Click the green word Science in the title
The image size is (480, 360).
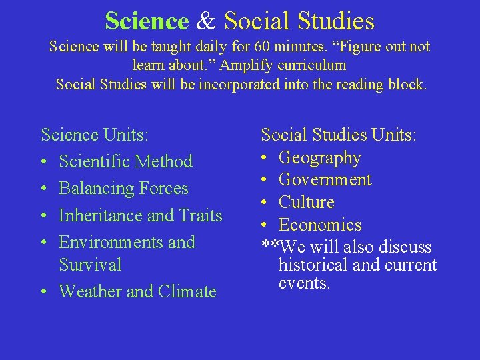[x=147, y=21]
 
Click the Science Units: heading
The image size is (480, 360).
[x=94, y=135]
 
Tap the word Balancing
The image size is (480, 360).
[x=95, y=189]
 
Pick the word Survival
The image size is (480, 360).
[x=90, y=265]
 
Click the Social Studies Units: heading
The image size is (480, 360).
[x=339, y=135]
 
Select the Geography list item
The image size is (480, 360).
[x=319, y=158]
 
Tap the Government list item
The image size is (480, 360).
[x=325, y=180]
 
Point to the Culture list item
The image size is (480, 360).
[x=306, y=202]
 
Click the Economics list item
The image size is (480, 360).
[x=319, y=225]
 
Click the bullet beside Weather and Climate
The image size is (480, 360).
[x=43, y=291]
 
